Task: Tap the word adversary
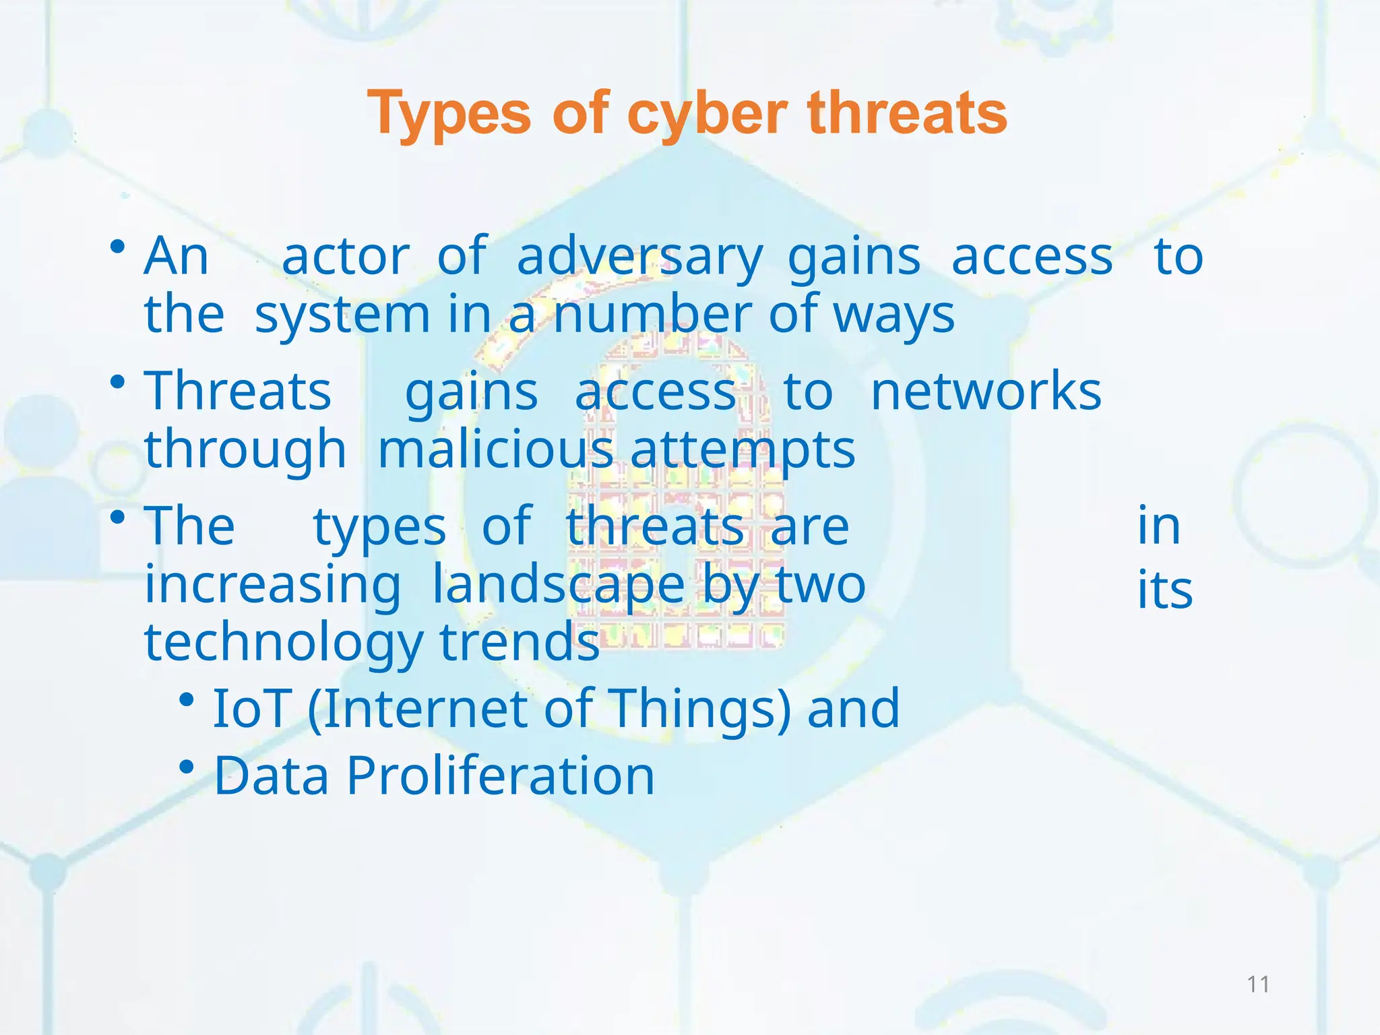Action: click(x=639, y=257)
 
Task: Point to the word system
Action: click(x=342, y=315)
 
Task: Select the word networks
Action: click(x=986, y=391)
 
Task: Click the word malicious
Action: click(x=495, y=449)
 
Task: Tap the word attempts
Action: click(x=743, y=449)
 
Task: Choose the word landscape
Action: click(x=558, y=584)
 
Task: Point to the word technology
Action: click(x=284, y=642)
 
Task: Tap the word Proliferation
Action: click(x=500, y=776)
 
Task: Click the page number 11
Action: click(x=1258, y=984)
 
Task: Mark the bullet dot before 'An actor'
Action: click(x=118, y=247)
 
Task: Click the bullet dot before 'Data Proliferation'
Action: click(x=187, y=767)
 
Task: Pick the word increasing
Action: click(x=273, y=584)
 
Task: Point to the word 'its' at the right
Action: click(x=1164, y=590)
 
